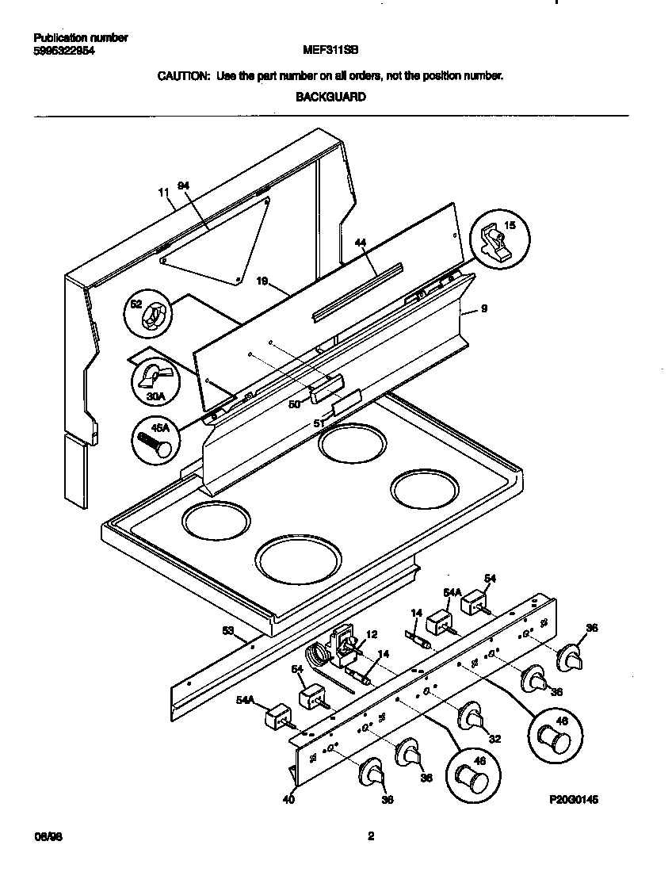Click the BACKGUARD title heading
click(x=330, y=98)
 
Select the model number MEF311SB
click(x=330, y=48)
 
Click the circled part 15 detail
click(x=501, y=237)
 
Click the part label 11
click(x=164, y=193)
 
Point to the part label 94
click(x=184, y=185)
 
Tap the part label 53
click(x=229, y=630)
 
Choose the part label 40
click(x=288, y=800)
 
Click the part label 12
click(x=372, y=634)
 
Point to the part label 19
click(x=263, y=281)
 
